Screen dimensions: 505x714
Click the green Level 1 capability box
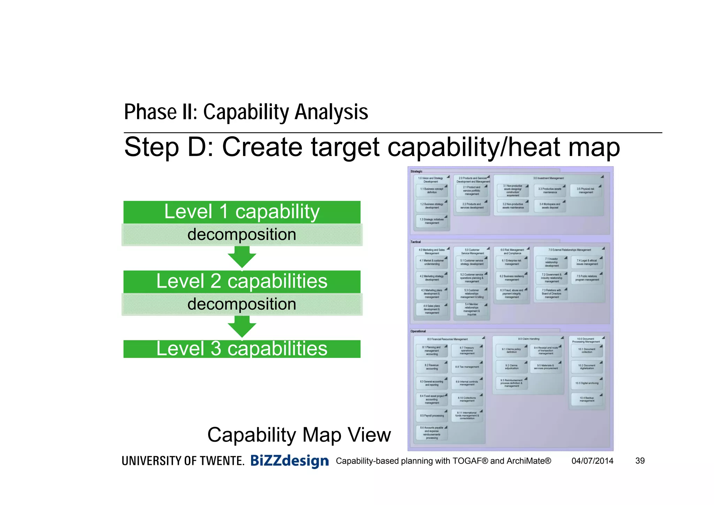(x=242, y=212)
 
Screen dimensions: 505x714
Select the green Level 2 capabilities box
(x=242, y=281)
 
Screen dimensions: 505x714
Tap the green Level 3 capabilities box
(x=242, y=349)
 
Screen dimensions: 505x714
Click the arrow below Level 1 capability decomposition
(x=242, y=257)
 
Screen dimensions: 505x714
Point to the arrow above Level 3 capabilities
(x=242, y=327)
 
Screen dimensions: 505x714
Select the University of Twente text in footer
(x=183, y=461)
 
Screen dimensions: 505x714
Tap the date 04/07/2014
(x=592, y=461)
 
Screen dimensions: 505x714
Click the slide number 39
(x=640, y=461)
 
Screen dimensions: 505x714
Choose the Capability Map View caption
(x=299, y=435)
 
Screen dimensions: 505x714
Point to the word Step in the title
(x=151, y=147)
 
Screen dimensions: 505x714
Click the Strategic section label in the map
(x=416, y=171)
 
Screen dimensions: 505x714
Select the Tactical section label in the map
(x=416, y=242)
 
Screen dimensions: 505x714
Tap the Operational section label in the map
(x=418, y=331)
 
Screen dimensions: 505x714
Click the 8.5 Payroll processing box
(x=432, y=416)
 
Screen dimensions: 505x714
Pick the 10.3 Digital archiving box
(x=587, y=383)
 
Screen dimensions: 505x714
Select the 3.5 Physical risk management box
(x=586, y=191)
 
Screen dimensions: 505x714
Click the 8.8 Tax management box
(x=467, y=367)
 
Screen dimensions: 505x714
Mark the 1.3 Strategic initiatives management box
(x=432, y=221)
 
